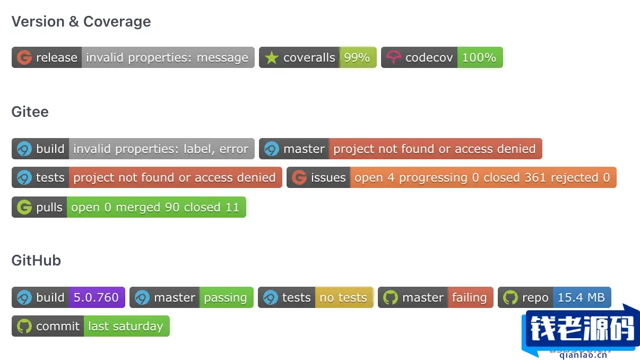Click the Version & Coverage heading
click(81, 22)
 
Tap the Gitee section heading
click(30, 112)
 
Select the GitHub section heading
click(36, 261)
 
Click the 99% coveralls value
click(357, 57)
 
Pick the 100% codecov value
click(479, 57)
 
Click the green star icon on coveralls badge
click(271, 57)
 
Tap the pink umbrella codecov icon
click(394, 57)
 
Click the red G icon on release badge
click(24, 57)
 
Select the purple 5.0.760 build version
click(96, 297)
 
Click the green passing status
click(226, 298)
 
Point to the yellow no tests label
click(343, 298)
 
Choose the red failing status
click(470, 298)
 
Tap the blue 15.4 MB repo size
click(581, 297)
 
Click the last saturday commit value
click(125, 326)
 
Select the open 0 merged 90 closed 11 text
click(155, 207)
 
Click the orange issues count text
click(482, 177)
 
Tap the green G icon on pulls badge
click(24, 207)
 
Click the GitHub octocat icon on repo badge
click(511, 297)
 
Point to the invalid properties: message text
click(167, 57)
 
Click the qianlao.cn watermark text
click(583, 355)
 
